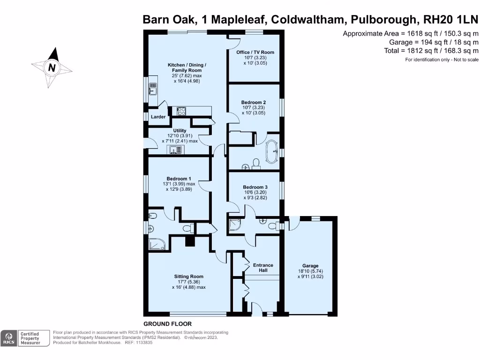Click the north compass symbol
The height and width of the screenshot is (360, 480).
point(52,67)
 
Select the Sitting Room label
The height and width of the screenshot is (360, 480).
point(188,277)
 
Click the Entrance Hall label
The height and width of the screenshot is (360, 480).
point(263,268)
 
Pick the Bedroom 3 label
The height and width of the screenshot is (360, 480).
point(255,187)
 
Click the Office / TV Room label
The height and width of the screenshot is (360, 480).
point(255,52)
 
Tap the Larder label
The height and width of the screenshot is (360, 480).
point(158,117)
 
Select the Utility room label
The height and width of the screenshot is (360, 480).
point(180,131)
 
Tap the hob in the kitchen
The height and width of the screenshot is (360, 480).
point(181,111)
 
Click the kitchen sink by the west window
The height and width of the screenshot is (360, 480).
point(153,88)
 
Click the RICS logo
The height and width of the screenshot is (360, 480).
point(8,338)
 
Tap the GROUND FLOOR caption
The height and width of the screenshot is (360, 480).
point(167,324)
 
